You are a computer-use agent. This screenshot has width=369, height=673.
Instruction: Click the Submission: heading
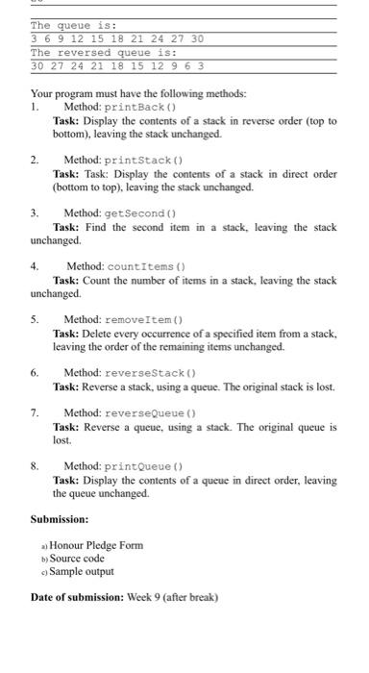coord(64,518)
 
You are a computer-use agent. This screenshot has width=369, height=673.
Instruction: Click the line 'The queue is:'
coord(73,25)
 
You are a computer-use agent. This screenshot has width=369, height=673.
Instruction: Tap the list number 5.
coord(35,318)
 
